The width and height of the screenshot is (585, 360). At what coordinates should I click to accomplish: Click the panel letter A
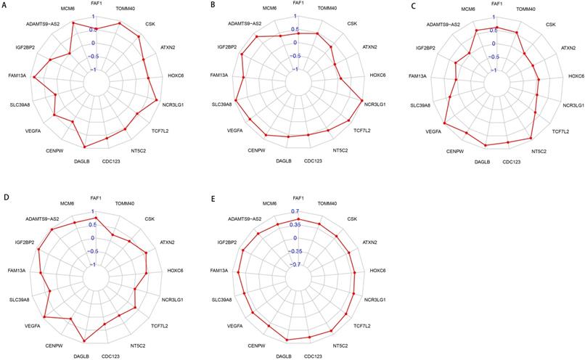pyautogui.click(x=5, y=6)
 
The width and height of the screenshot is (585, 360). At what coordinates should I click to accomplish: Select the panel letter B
pyautogui.click(x=211, y=6)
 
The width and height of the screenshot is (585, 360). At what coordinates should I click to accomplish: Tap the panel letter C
pyautogui.click(x=412, y=6)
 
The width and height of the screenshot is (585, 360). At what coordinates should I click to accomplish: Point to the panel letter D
pyautogui.click(x=5, y=197)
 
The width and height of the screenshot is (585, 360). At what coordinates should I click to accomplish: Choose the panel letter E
pyautogui.click(x=211, y=197)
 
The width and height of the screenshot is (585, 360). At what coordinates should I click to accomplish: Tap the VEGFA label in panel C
pyautogui.click(x=433, y=131)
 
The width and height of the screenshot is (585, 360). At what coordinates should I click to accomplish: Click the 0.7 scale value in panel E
pyautogui.click(x=295, y=211)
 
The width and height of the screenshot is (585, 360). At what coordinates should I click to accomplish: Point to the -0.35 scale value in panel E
pyautogui.click(x=293, y=251)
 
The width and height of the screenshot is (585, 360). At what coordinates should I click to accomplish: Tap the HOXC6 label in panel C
pyautogui.click(x=576, y=75)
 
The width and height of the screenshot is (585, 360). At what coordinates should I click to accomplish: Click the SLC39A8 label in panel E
pyautogui.click(x=222, y=299)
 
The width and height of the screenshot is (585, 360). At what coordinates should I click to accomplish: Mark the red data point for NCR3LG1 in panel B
pyautogui.click(x=362, y=100)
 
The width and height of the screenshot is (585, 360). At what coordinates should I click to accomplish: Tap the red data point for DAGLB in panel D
pyautogui.click(x=84, y=341)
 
